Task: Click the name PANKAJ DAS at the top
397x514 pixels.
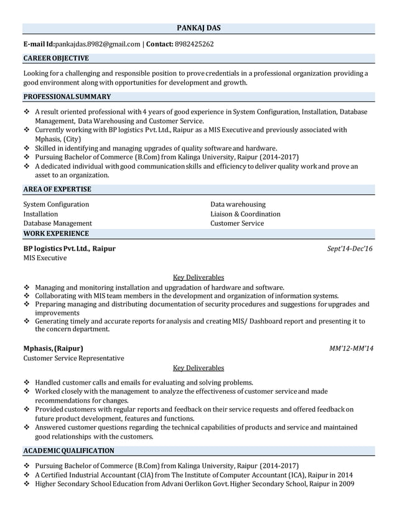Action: (x=198, y=28)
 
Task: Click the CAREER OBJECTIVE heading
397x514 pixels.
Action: (x=56, y=58)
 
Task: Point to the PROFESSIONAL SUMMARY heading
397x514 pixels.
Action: (x=67, y=96)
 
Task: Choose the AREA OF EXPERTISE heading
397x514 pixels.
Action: (x=57, y=189)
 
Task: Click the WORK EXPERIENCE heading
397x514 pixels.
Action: (x=56, y=233)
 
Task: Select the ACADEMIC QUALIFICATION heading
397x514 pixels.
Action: (x=68, y=451)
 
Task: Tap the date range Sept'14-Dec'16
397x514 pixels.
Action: (x=350, y=248)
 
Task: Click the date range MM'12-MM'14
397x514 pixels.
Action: (x=351, y=348)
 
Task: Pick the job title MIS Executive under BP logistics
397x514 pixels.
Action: (x=45, y=258)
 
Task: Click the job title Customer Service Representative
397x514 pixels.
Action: (x=73, y=358)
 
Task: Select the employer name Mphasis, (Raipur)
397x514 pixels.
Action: (x=53, y=348)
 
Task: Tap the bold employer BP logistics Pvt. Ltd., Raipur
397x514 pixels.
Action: (x=69, y=248)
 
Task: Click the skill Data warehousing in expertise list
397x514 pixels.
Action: (x=238, y=204)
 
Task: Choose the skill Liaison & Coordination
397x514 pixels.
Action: (x=245, y=213)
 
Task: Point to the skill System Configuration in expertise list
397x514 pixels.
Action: (x=56, y=204)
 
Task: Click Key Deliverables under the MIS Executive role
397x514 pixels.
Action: (x=198, y=277)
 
